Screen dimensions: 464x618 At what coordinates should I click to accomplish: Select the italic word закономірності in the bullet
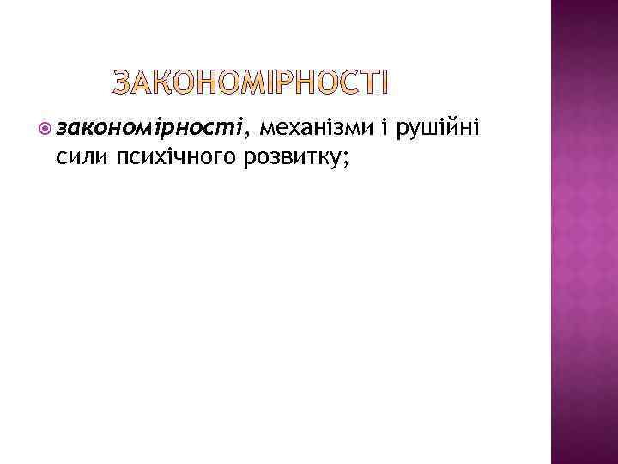149,129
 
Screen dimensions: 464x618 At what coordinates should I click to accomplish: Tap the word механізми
317,129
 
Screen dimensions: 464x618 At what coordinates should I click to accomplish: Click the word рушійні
440,129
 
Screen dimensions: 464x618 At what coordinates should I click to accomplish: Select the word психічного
164,156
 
